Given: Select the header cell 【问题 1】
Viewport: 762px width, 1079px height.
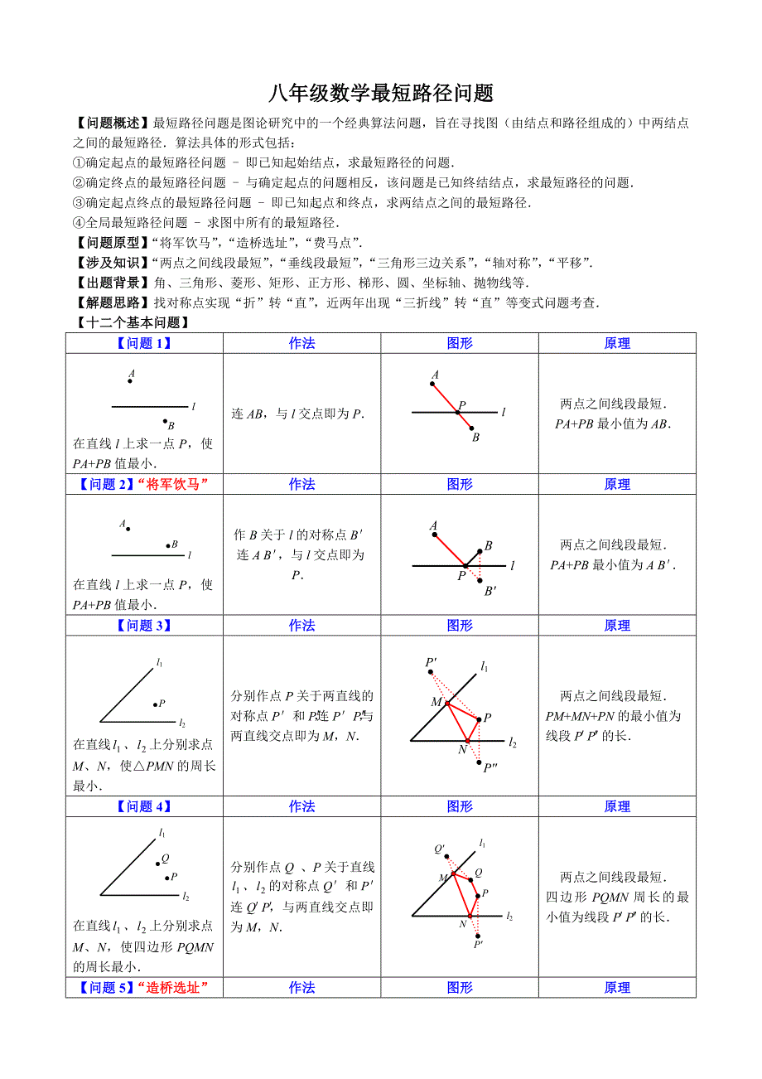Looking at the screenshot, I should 144,343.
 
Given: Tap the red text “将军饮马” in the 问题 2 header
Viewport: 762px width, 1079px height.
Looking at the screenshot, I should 172,484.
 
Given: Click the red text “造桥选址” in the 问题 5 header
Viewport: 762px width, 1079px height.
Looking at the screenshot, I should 172,987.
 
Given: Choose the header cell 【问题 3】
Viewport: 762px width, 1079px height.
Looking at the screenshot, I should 144,626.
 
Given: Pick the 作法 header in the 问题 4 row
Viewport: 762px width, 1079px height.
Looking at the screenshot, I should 301,806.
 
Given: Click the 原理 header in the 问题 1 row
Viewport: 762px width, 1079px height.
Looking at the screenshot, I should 617,343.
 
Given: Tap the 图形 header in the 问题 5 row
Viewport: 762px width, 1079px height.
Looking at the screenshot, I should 460,987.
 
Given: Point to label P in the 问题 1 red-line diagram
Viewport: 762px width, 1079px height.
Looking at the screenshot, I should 462,405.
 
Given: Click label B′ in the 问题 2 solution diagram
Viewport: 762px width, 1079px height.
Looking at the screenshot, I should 490,591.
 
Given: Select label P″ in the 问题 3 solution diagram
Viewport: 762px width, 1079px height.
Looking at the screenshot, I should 490,767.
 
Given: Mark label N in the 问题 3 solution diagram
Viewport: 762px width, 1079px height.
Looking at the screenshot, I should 462,750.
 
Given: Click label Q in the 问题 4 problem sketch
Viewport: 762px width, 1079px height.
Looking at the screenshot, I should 166,858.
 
